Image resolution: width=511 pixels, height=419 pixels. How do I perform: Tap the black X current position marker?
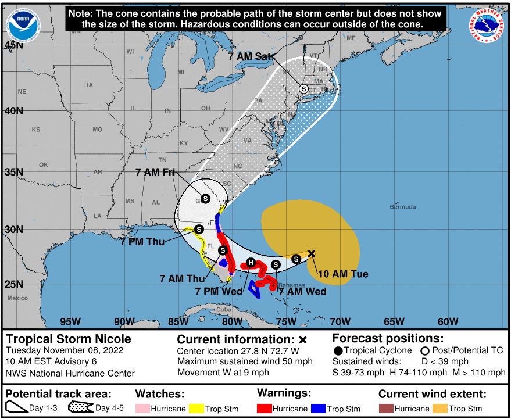tap(312, 253)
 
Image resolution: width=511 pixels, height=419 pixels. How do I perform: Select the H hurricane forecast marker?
tap(251, 262)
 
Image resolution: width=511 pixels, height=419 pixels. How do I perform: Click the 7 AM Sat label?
tap(247, 56)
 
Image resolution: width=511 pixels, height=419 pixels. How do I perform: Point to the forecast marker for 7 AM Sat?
tap(303, 88)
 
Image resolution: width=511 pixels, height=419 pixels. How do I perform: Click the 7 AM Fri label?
tap(155, 172)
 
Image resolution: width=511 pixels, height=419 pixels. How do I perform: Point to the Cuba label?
tap(224, 310)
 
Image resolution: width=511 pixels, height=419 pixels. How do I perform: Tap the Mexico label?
tap(17, 298)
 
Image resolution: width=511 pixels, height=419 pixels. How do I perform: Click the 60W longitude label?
tap(448, 321)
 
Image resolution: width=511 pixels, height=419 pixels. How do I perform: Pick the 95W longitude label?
tap(69, 321)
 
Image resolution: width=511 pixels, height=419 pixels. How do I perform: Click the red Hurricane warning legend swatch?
tap(265, 409)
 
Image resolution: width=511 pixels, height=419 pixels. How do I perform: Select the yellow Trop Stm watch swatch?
tap(196, 409)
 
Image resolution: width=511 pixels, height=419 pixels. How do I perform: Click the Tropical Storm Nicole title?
tap(68, 339)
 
